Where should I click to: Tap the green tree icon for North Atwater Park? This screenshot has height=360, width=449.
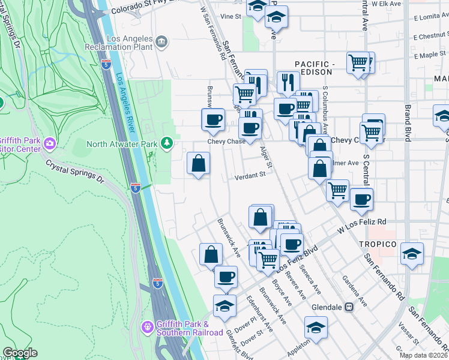coord(167,143)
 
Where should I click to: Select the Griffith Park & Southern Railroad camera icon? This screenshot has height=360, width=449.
coord(147,327)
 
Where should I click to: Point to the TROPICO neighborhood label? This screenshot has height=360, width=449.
coord(378,244)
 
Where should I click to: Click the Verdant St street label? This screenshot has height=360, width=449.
coord(250,175)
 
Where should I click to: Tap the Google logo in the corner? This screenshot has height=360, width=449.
coord(19,353)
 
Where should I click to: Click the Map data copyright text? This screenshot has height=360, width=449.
coord(423,355)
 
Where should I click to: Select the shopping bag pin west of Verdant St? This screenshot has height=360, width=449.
coord(198,163)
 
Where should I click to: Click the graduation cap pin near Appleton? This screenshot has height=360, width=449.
coord(316,327)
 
